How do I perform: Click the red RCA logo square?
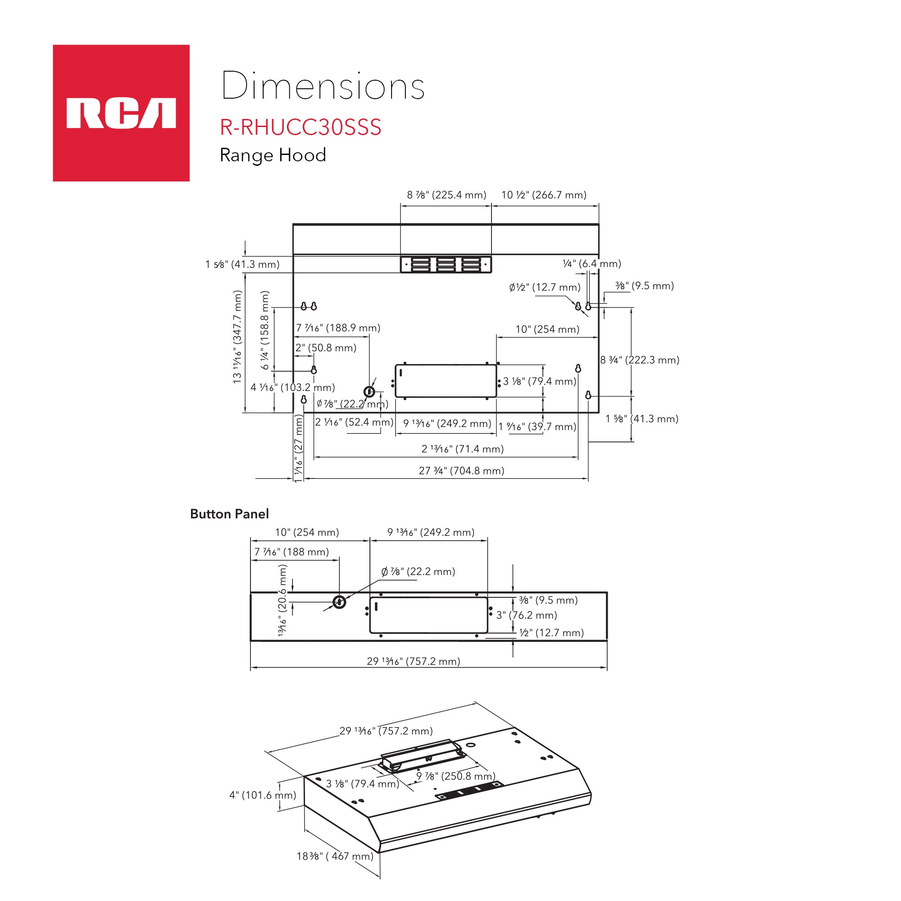click(121, 113)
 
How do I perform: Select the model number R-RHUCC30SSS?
click(301, 127)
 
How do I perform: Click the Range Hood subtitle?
click(273, 155)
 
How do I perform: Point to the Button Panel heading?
click(229, 514)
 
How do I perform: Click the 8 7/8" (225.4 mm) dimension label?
click(447, 195)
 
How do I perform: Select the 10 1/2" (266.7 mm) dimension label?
click(544, 195)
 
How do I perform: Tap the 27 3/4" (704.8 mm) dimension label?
click(462, 471)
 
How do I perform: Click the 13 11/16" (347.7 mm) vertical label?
click(238, 337)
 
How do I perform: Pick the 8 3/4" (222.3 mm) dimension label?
click(640, 360)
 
